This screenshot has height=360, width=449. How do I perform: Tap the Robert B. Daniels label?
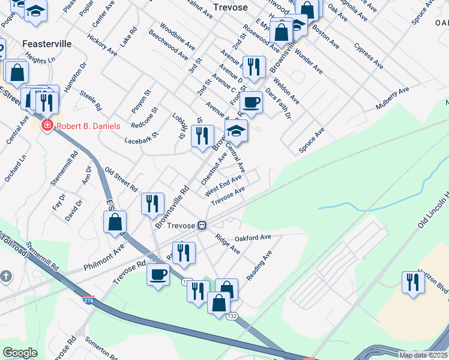click(x=88, y=126)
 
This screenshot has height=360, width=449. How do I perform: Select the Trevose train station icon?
click(x=203, y=226)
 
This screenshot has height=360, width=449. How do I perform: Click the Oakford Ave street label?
click(x=253, y=238)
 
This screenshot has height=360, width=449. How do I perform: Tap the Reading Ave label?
click(x=259, y=265)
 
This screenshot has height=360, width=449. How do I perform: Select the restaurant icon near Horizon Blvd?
click(x=412, y=282)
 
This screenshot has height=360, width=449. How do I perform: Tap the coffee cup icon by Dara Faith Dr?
click(x=253, y=102)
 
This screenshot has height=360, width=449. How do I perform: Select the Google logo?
click(x=20, y=353)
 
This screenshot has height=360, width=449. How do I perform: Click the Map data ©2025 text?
click(x=423, y=355)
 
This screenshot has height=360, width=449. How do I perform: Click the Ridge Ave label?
click(x=228, y=244)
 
